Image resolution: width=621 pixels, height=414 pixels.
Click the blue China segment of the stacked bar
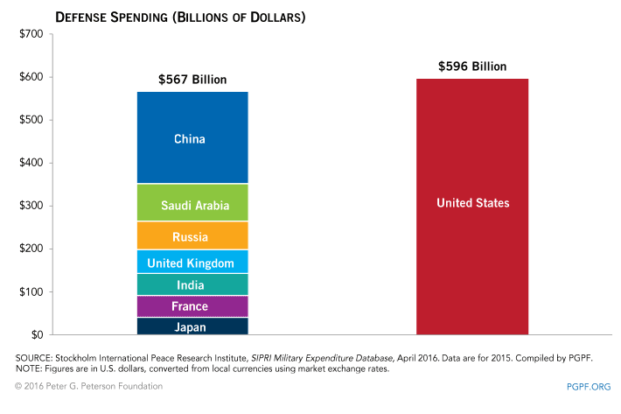(x=192, y=138)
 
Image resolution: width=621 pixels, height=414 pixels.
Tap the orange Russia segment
(x=192, y=235)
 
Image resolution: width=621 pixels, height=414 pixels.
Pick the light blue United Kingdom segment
(x=192, y=262)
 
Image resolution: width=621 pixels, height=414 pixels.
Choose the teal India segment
(x=192, y=284)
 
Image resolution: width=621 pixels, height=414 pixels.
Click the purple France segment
(x=192, y=306)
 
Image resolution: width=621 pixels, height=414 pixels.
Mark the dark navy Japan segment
(x=192, y=326)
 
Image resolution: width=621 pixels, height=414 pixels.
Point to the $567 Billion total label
(x=192, y=80)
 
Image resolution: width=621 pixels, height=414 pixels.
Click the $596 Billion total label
(x=472, y=67)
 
